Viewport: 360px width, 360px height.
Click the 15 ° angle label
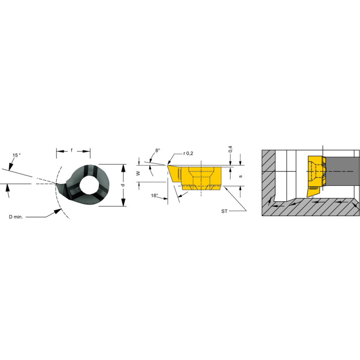coord(17,155)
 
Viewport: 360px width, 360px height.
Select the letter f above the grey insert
coord(72,150)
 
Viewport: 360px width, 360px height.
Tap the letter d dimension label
coord(122,185)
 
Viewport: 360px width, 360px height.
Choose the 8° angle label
coord(157,152)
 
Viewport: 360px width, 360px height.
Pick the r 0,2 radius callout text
coord(188,153)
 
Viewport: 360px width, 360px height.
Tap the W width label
coord(138,173)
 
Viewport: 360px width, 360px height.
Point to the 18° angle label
coord(155,196)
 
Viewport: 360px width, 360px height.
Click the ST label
coord(225,211)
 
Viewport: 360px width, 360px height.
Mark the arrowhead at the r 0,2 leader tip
coord(170,163)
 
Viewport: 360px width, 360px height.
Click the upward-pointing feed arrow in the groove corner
coord(271,200)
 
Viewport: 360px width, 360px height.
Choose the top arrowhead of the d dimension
coord(123,166)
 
